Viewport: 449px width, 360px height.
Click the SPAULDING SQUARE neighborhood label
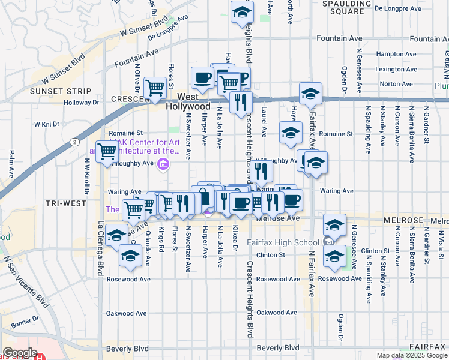point(347,7)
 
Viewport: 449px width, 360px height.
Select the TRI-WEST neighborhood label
point(65,203)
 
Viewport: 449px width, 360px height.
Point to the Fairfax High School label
point(283,242)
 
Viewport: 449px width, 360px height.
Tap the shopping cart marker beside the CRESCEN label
point(155,88)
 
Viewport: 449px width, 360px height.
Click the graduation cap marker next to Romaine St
point(291,132)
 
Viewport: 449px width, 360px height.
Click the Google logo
point(20,353)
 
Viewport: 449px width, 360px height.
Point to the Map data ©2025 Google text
point(411,355)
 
